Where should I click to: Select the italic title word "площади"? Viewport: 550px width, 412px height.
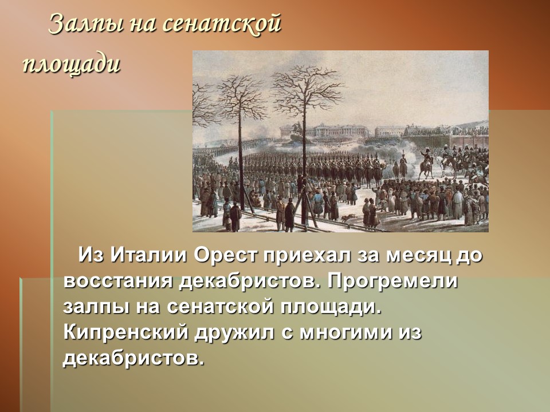(x=72, y=63)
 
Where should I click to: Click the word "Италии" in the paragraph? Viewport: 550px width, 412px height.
(x=148, y=254)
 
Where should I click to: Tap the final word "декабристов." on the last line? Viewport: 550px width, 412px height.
(x=133, y=358)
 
